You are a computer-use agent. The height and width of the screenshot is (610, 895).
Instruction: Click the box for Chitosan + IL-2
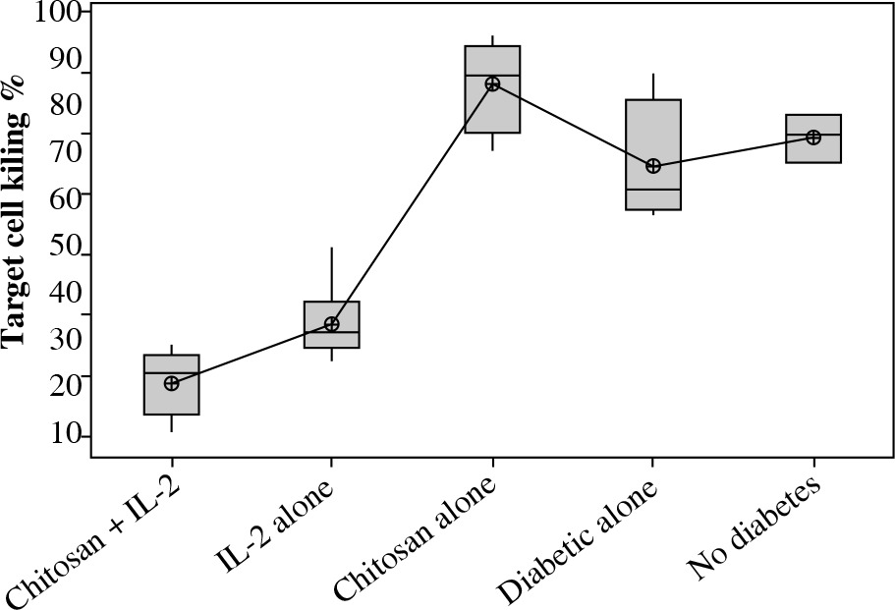[x=172, y=397]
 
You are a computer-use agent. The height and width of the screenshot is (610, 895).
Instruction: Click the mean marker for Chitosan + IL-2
[x=171, y=383]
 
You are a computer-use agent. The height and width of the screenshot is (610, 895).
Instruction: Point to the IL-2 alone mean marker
[x=332, y=324]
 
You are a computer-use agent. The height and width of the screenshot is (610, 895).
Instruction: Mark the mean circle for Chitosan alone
[x=492, y=83]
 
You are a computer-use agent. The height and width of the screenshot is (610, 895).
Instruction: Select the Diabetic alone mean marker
[x=653, y=166]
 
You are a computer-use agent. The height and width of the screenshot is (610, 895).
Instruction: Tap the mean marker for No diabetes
[x=813, y=138]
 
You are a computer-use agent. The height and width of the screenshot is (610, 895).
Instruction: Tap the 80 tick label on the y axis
[x=67, y=104]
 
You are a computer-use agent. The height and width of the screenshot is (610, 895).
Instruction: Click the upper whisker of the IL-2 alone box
[x=332, y=274]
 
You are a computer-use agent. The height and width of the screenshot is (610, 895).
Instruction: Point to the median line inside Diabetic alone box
[x=653, y=189]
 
